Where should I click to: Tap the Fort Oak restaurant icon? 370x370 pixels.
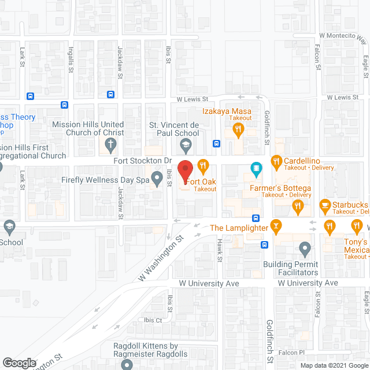[x=202, y=165]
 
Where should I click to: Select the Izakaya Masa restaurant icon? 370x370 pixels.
[x=238, y=131]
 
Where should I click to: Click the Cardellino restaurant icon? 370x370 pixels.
[x=276, y=162]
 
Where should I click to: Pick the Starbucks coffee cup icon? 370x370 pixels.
[x=325, y=206]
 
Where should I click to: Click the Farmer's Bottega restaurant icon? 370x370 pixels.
[x=297, y=205]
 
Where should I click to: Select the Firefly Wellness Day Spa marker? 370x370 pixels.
[x=156, y=179]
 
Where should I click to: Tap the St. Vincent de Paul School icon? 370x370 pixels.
[x=185, y=144]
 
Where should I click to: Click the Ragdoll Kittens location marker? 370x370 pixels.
[x=127, y=364]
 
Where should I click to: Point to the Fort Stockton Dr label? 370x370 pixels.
[x=144, y=160]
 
